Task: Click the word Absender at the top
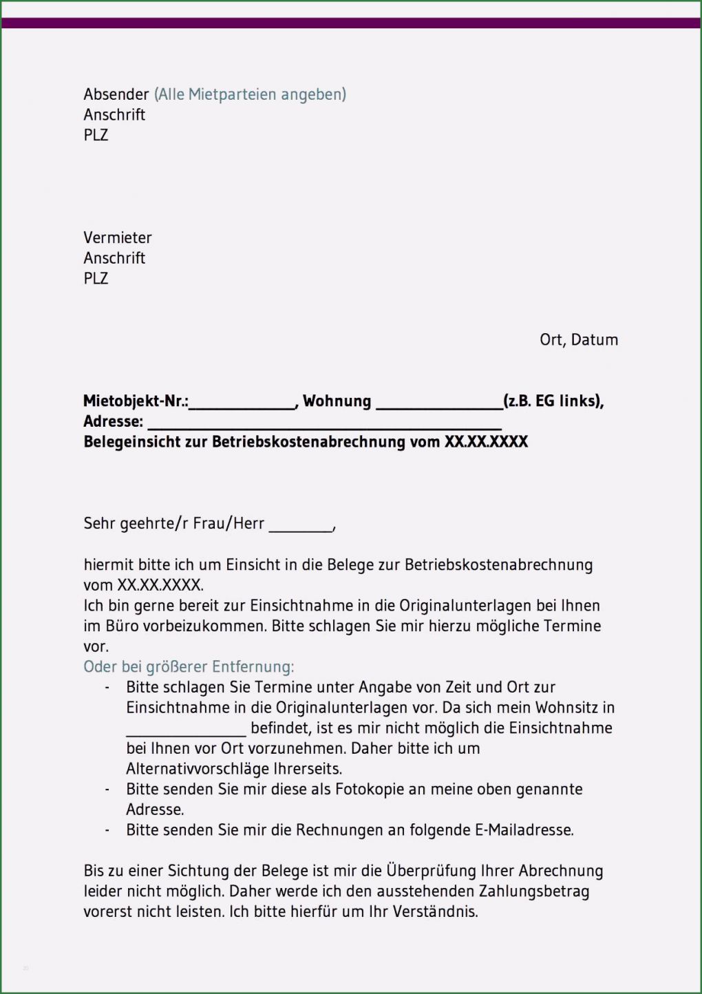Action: tap(116, 94)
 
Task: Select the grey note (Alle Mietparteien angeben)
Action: tap(250, 94)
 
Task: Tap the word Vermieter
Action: tap(117, 237)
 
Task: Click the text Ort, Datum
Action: tap(578, 339)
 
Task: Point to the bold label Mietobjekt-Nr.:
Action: tap(136, 401)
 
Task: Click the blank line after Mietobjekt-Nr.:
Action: tap(242, 406)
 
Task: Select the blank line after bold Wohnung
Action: tap(438, 406)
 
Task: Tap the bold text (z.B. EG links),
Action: tap(553, 401)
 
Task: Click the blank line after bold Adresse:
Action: tap(324, 427)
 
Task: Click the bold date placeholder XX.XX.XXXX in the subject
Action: tap(486, 442)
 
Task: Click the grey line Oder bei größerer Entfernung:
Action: tap(189, 666)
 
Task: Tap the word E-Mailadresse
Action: tap(524, 830)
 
